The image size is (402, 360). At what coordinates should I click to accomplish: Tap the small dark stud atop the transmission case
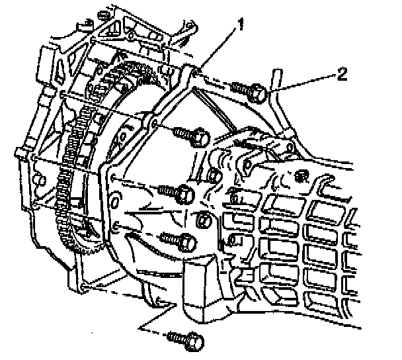click(303, 175)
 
